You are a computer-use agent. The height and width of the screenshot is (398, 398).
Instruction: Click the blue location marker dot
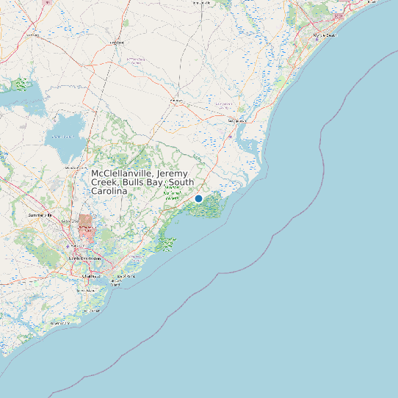[x=198, y=198]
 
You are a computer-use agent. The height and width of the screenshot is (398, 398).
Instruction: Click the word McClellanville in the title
[x=121, y=173]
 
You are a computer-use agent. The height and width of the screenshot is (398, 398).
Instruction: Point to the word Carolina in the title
[x=109, y=191]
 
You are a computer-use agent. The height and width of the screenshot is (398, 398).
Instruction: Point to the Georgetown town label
[x=236, y=120]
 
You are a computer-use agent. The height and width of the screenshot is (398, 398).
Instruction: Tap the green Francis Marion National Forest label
[x=173, y=192]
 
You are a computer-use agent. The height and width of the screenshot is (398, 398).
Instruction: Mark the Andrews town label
[x=176, y=100]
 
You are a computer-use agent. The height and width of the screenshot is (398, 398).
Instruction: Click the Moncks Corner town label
[x=76, y=168]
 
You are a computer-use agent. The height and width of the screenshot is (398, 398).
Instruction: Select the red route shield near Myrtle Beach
[x=338, y=15]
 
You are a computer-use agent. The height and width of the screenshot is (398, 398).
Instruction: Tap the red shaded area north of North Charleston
[x=87, y=227]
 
